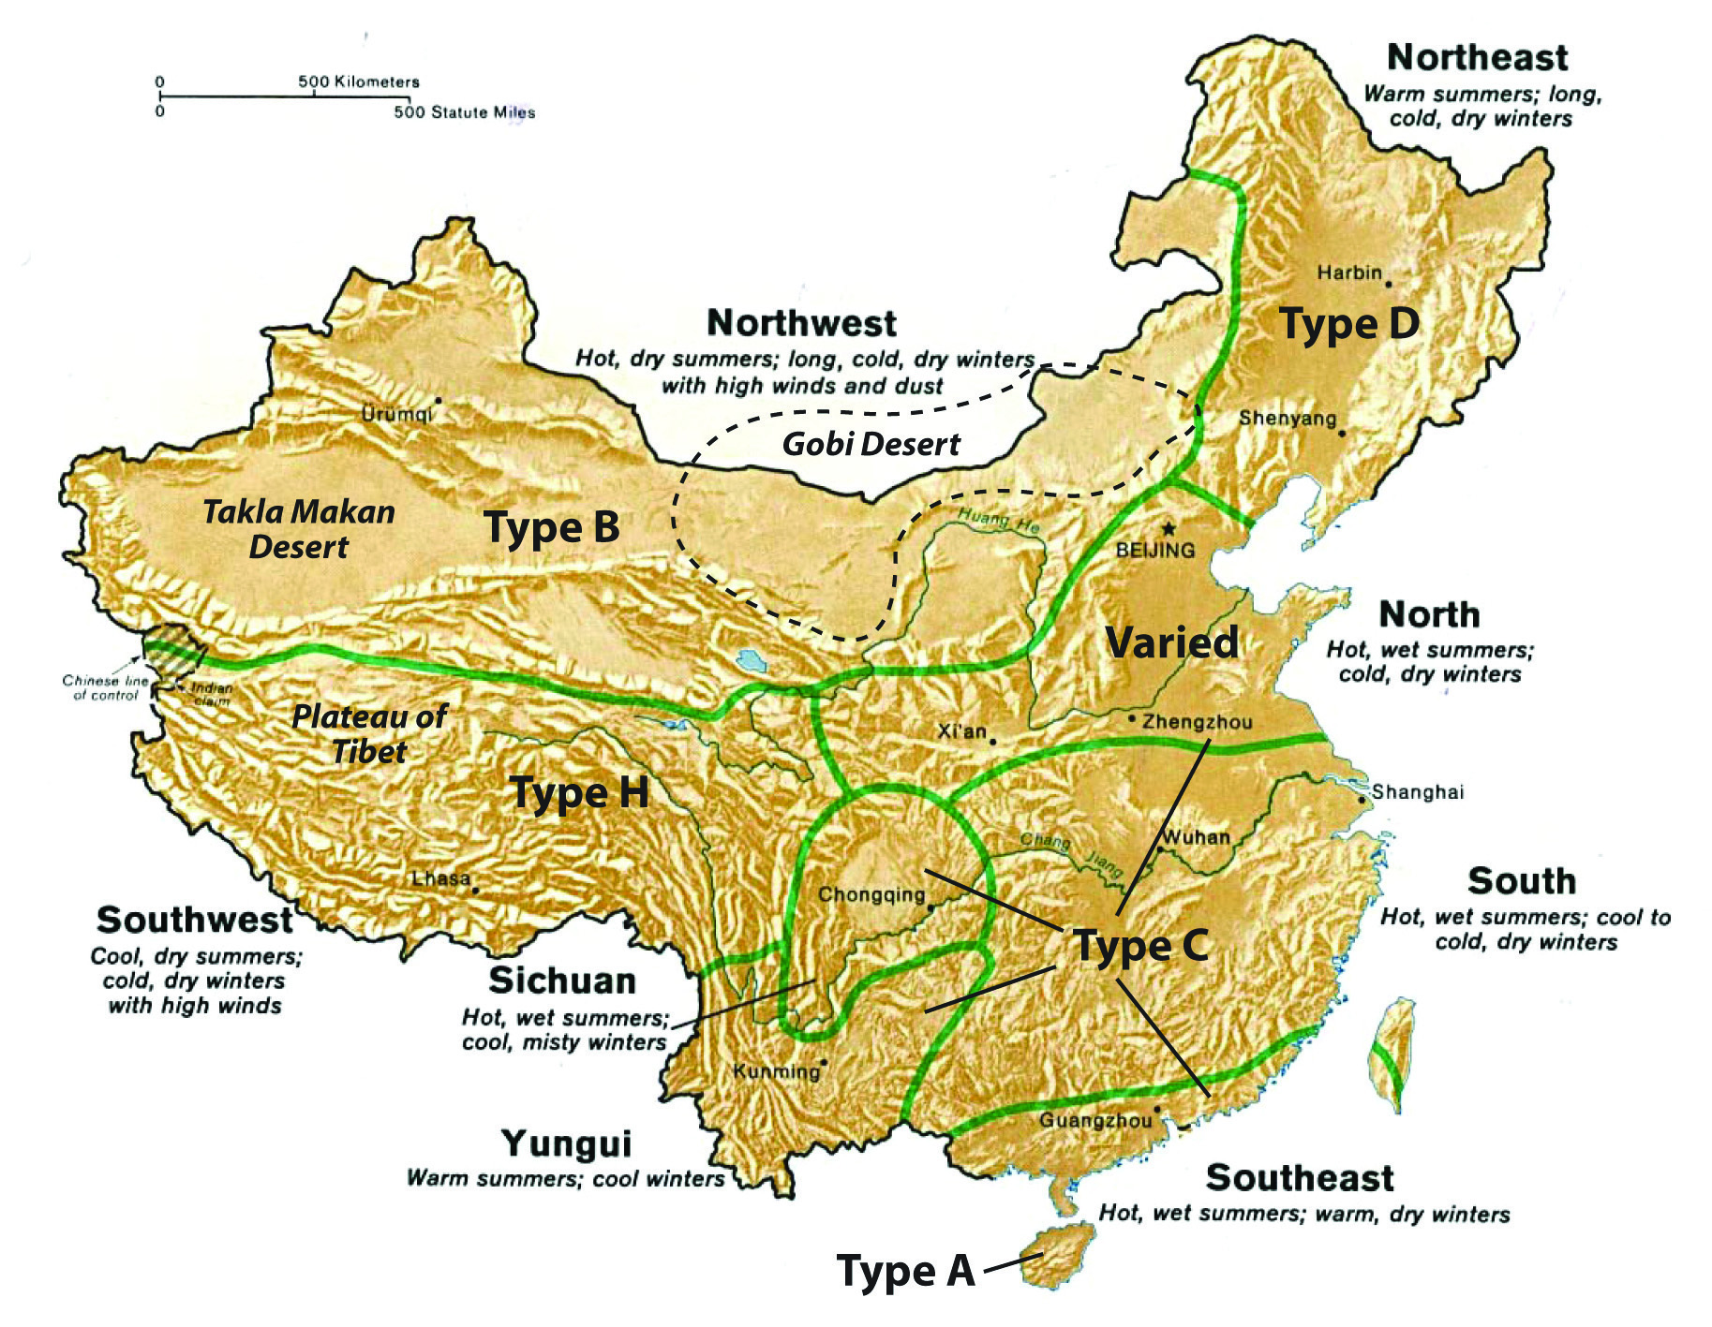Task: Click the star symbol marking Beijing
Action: (1168, 529)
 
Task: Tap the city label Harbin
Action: (1349, 273)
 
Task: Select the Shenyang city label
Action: (1288, 419)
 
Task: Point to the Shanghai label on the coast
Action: (1418, 792)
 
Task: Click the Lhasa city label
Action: (441, 879)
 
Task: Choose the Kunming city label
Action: (776, 1071)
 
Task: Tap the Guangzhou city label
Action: (1095, 1121)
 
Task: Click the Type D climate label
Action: (1349, 324)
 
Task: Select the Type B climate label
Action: (552, 527)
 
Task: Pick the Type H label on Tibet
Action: (579, 793)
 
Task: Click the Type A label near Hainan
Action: (906, 1272)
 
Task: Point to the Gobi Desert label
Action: (871, 444)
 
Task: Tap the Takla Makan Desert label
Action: (299, 529)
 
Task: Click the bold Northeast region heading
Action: (1477, 58)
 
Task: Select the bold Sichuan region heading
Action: (562, 981)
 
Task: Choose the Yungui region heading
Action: (567, 1144)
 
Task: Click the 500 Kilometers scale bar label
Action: (359, 82)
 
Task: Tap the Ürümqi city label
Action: (397, 414)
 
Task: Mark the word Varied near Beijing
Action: (1172, 642)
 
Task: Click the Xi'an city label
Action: (962, 731)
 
